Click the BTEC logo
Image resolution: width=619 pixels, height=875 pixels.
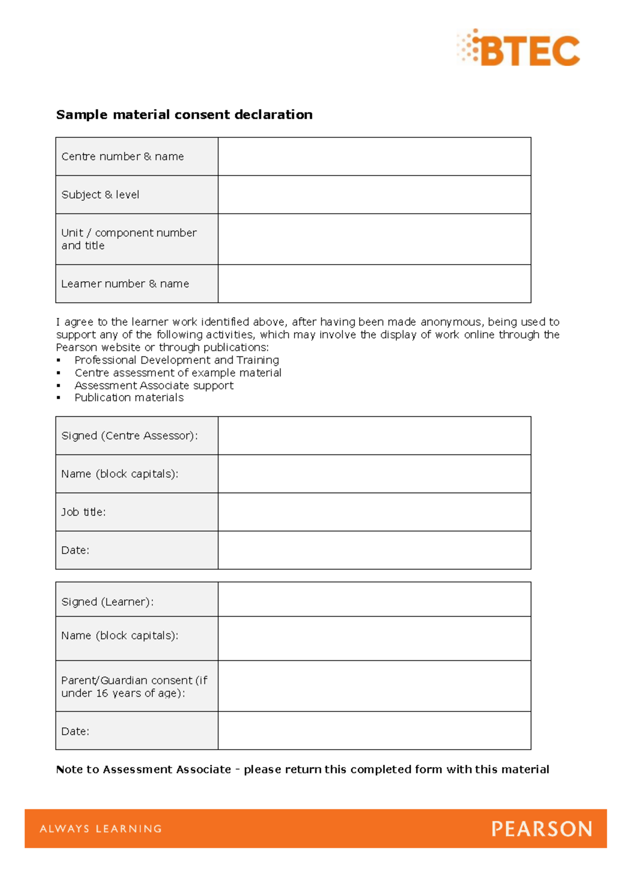point(519,48)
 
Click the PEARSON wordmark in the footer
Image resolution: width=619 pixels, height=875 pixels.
point(542,829)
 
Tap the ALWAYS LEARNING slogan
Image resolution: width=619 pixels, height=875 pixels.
point(101,829)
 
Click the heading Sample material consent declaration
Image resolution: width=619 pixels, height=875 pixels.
point(184,115)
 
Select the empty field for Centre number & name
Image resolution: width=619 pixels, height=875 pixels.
point(374,156)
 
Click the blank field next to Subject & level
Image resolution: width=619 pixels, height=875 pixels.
point(374,195)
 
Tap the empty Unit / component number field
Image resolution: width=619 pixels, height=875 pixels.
point(374,239)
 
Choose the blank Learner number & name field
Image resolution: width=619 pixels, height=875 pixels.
point(374,284)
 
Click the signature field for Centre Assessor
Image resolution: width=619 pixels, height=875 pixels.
point(374,435)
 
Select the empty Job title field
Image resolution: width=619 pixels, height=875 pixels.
point(374,512)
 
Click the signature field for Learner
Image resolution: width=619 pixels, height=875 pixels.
point(374,599)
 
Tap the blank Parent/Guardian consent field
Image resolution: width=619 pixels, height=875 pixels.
point(374,686)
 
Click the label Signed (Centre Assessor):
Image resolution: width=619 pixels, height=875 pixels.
point(129,436)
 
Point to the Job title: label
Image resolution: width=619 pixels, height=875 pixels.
point(84,512)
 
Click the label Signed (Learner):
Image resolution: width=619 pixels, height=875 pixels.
point(107,602)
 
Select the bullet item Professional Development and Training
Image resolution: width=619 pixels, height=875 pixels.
point(176,360)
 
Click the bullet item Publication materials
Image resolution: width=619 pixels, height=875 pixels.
point(129,398)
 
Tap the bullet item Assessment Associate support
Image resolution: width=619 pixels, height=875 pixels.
point(154,385)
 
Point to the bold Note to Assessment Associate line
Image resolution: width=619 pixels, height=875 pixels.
point(302,770)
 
